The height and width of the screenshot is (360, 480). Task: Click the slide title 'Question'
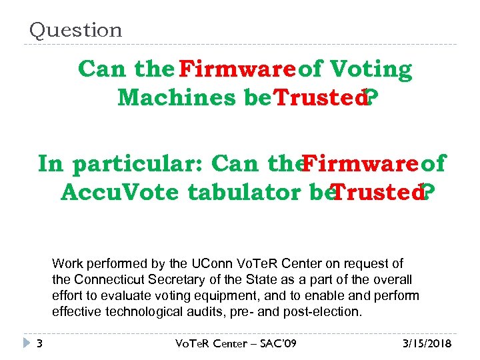(x=75, y=30)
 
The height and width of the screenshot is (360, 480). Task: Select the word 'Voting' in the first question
(x=371, y=69)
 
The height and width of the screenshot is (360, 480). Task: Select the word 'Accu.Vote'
(x=119, y=193)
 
